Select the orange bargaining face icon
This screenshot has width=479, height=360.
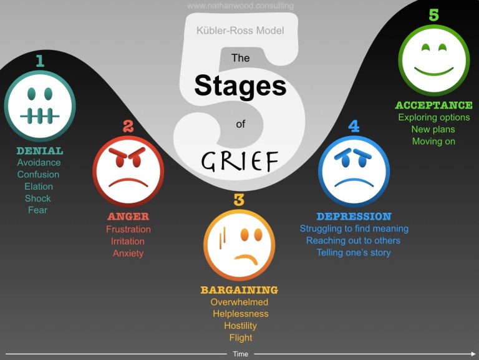(239, 245)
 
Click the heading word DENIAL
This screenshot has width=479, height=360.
(40, 150)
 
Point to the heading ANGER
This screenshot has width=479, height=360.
(128, 216)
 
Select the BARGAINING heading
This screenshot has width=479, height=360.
(239, 290)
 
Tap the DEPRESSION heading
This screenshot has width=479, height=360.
(354, 216)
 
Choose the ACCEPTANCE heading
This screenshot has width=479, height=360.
(433, 105)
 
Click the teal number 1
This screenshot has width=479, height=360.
(40, 61)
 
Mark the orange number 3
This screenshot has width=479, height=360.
(239, 200)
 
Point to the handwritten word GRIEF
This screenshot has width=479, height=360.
(239, 161)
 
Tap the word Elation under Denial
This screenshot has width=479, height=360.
(39, 186)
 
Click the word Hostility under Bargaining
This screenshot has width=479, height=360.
(240, 326)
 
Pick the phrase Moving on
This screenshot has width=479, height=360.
(433, 141)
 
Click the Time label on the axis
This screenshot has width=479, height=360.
(240, 354)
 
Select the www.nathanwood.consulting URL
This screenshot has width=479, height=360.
(240, 6)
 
